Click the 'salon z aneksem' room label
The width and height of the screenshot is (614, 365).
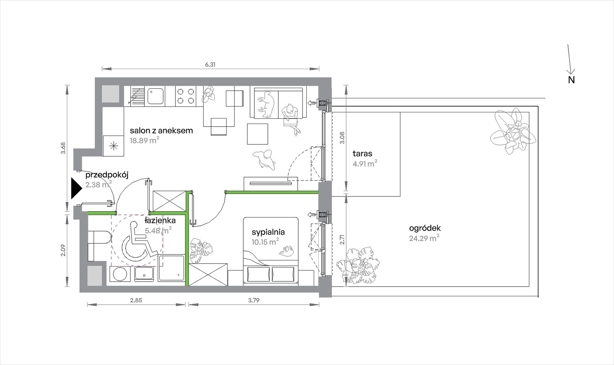point(161,131)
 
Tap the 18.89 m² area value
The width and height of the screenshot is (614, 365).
point(144,140)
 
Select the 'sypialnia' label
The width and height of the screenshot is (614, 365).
point(268,232)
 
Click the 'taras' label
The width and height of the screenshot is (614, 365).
point(363,154)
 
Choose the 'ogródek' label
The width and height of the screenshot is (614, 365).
point(425,228)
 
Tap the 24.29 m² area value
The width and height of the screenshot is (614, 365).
point(424,238)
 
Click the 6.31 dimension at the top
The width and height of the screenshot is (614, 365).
point(210,65)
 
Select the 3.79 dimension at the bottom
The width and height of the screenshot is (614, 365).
point(254,300)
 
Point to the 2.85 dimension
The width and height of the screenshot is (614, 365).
point(136,300)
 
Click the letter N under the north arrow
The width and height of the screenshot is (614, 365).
point(571,80)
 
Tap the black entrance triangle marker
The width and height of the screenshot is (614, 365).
point(76,189)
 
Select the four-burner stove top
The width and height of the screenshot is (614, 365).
point(185,96)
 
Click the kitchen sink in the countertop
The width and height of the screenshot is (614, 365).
point(155,96)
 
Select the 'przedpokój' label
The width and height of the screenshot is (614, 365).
point(107,175)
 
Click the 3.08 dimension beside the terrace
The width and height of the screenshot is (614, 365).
point(343,138)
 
